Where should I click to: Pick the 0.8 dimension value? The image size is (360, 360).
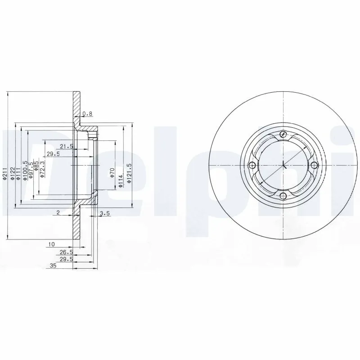pos(89,114)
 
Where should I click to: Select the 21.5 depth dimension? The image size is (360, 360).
pos(67,146)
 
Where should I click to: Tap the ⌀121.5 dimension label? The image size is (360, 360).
pos(129,173)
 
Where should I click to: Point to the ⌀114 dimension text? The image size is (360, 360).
pos(121,180)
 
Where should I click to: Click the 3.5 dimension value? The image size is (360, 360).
pos(105,214)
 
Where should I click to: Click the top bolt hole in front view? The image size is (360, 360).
pos(283,134)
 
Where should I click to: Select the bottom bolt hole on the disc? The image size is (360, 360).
pos(282,196)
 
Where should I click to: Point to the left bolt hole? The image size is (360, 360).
pos(252,165)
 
